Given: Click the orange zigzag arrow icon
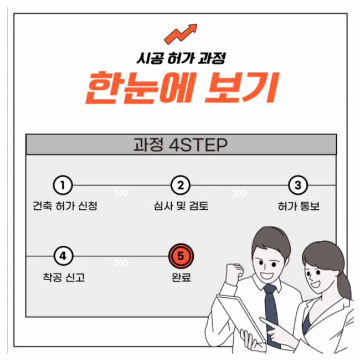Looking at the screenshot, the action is click(x=181, y=34).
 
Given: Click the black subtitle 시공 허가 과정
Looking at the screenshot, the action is click(x=181, y=58).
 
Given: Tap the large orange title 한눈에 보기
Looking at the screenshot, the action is click(x=182, y=87).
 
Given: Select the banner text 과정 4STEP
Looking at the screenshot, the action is click(x=181, y=145).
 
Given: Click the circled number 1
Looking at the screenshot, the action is click(x=63, y=185).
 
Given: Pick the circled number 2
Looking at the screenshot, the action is click(x=181, y=185).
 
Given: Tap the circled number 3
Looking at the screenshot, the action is click(x=298, y=185).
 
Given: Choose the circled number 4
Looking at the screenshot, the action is click(x=63, y=256).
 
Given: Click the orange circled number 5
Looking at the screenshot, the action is click(x=181, y=256).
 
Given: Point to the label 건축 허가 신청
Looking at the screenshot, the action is click(x=65, y=205).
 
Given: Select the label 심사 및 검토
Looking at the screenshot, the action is click(x=181, y=205).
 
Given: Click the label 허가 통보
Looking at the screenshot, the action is click(x=299, y=206).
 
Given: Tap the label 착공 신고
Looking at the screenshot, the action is click(x=64, y=277).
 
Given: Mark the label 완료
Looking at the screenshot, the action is click(x=181, y=277).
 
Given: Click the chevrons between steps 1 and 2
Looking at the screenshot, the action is click(x=122, y=193).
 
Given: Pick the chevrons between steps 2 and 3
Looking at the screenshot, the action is click(x=240, y=193).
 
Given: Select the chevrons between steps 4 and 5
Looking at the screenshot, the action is click(x=122, y=262).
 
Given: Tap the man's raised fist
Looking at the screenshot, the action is click(x=234, y=274).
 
